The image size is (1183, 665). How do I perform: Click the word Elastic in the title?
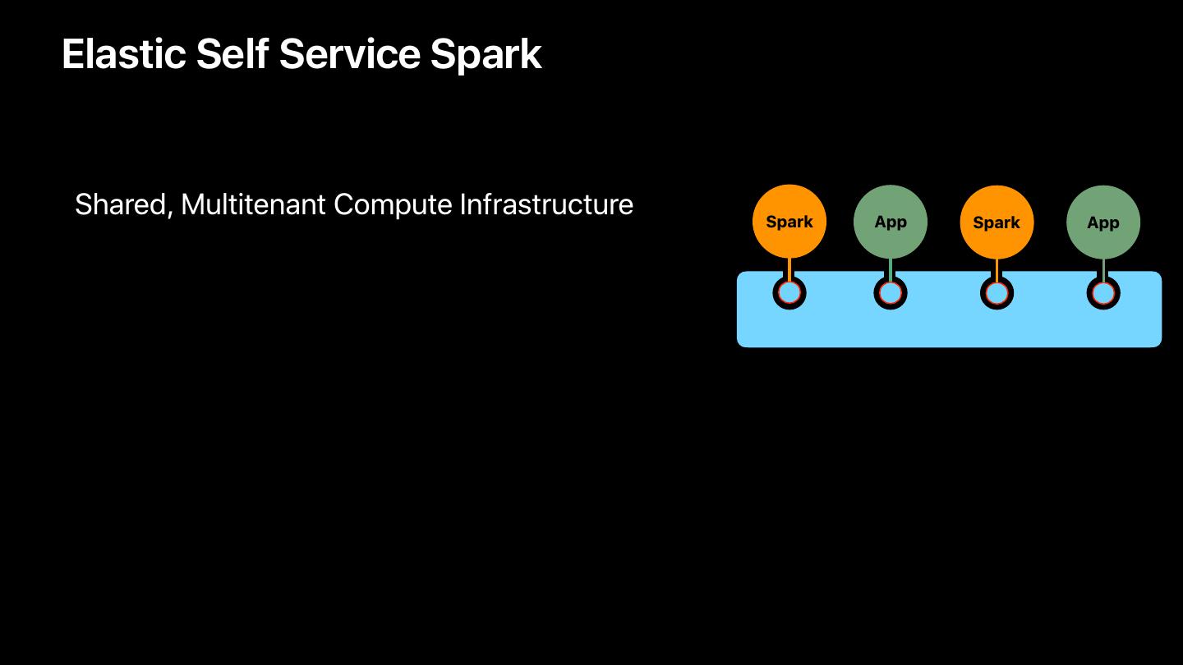124,54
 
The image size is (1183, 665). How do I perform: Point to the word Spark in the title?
486,56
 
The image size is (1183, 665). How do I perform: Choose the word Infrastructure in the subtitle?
546,204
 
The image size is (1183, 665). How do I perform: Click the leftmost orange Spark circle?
789,222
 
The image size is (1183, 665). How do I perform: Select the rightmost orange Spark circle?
997,222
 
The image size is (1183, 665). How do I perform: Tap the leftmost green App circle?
891,222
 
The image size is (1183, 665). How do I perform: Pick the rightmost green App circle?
1103,222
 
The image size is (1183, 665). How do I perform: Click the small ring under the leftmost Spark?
789,293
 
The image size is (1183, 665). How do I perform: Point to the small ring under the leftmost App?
891,293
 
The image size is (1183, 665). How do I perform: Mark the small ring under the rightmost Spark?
997,293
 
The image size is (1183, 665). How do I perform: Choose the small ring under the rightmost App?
1103,293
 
